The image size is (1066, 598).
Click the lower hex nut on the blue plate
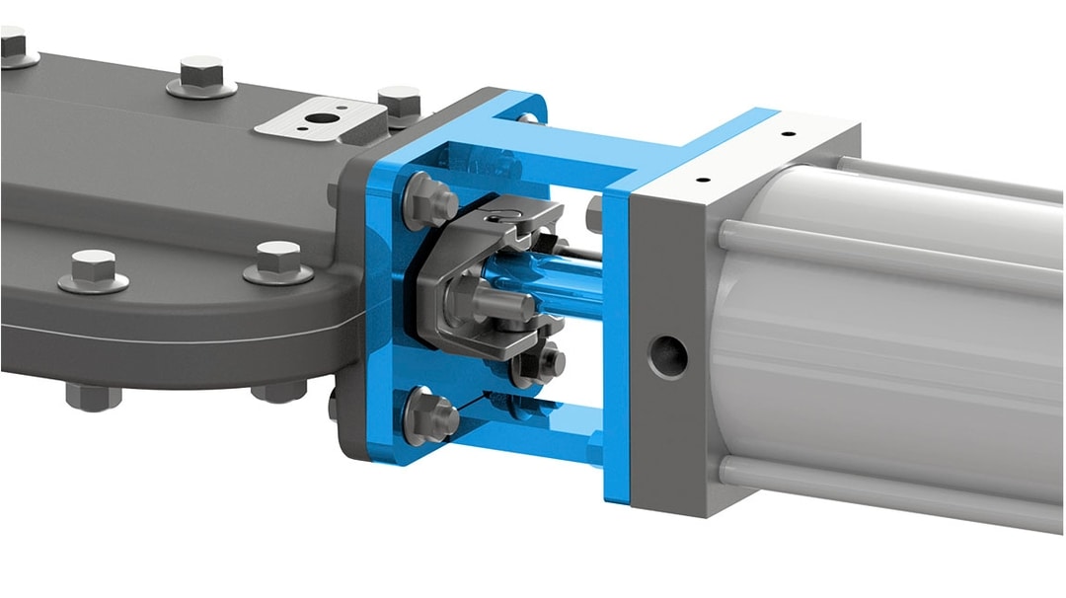430,414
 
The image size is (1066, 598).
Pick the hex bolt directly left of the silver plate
202,78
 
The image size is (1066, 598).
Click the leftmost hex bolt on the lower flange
93,270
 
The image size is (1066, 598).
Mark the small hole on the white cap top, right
787,134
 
